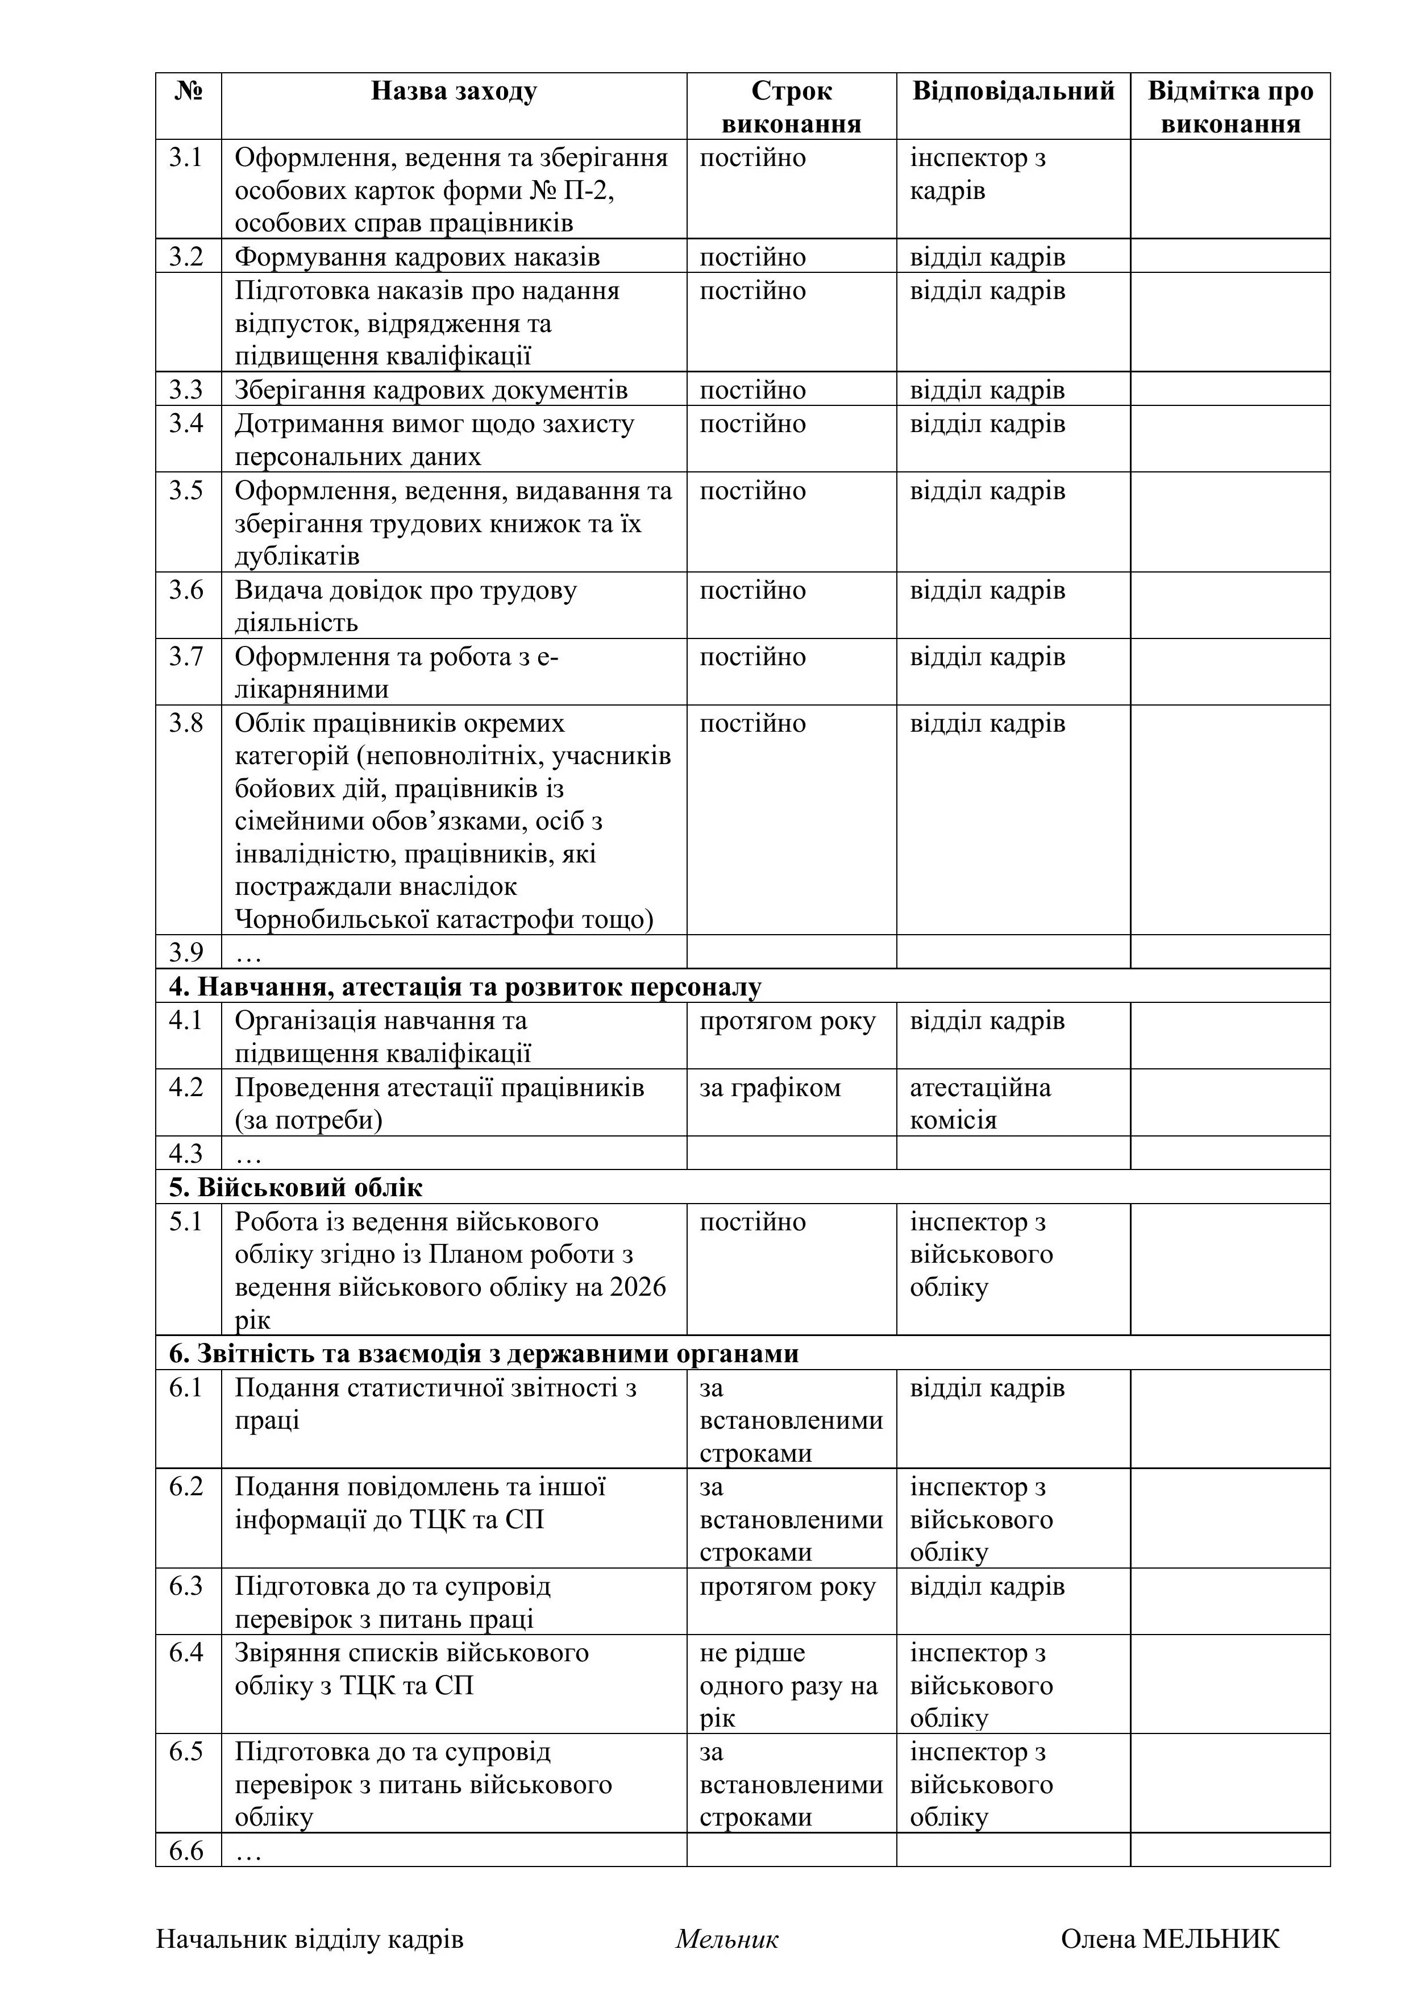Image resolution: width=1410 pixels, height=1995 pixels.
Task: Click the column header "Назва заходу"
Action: (x=454, y=91)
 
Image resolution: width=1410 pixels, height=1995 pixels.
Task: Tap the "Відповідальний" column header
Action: (x=1013, y=91)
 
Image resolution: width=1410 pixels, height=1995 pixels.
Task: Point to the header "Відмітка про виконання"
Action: (x=1230, y=107)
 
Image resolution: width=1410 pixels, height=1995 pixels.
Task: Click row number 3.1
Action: (x=186, y=158)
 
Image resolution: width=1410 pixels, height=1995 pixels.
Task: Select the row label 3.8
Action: (x=186, y=723)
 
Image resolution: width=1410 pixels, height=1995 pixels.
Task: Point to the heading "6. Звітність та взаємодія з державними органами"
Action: (x=484, y=1354)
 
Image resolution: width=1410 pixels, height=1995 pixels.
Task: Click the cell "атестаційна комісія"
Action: (x=980, y=1104)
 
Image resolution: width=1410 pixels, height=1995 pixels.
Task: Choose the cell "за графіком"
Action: (x=770, y=1088)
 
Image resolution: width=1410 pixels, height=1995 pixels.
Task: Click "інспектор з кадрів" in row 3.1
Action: (x=978, y=174)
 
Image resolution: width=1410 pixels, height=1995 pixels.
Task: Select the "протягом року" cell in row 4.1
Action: (x=787, y=1021)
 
